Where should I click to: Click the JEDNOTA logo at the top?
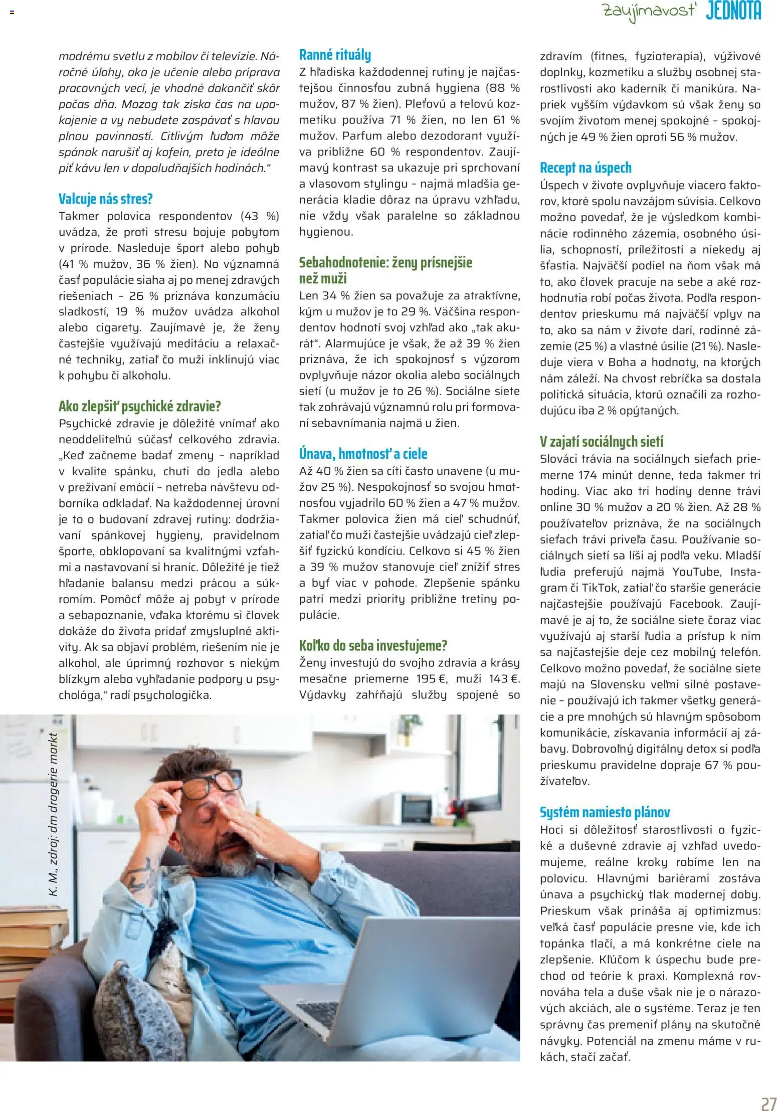[x=733, y=11]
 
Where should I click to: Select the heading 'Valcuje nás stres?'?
[x=105, y=199]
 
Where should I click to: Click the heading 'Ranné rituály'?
[x=335, y=55]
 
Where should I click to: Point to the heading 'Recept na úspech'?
[x=586, y=168]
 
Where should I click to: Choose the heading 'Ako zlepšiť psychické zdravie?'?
[x=139, y=406]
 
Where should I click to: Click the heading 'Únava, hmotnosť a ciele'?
[x=363, y=454]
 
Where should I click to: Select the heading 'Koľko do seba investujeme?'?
[x=373, y=645]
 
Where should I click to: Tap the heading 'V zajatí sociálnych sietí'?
[x=601, y=442]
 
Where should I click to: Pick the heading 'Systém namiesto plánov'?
[x=605, y=812]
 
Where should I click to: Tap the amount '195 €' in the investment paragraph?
[x=433, y=679]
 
